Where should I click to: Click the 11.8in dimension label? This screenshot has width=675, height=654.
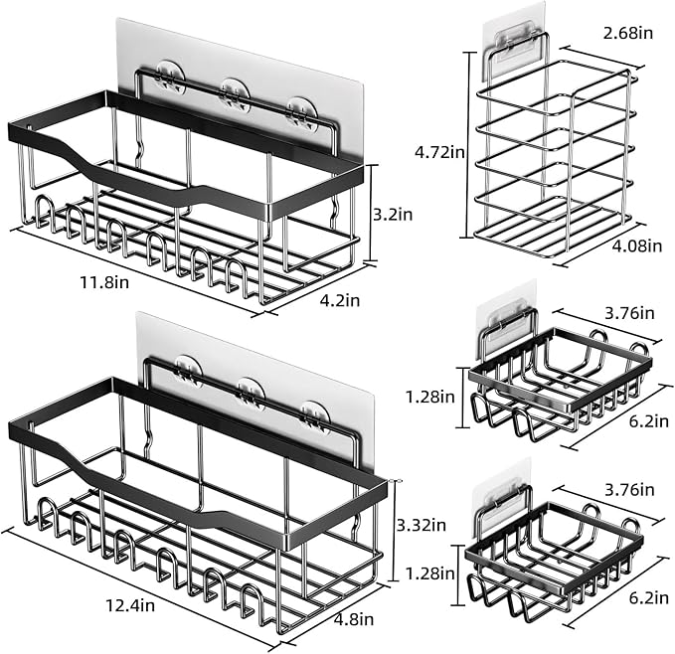click(104, 282)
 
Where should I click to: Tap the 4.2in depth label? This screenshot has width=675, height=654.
click(340, 300)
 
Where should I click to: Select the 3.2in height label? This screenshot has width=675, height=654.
click(393, 215)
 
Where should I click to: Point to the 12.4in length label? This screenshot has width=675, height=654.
click(130, 605)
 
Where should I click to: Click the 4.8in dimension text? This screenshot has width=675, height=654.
click(354, 619)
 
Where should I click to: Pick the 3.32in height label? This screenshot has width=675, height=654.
click(422, 526)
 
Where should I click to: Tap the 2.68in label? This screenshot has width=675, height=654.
click(628, 33)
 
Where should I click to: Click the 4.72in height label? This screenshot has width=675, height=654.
click(439, 152)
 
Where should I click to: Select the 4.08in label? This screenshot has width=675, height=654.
click(637, 245)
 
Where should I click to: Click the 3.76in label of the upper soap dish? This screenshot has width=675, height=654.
click(630, 313)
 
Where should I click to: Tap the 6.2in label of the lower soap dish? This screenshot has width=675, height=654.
click(649, 598)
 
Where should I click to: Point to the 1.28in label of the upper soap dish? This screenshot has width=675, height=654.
click(430, 397)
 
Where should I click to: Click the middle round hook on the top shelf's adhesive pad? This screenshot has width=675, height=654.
click(235, 93)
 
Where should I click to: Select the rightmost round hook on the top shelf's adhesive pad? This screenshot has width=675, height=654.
click(302, 113)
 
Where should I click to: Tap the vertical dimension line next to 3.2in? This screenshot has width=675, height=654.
click(371, 213)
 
